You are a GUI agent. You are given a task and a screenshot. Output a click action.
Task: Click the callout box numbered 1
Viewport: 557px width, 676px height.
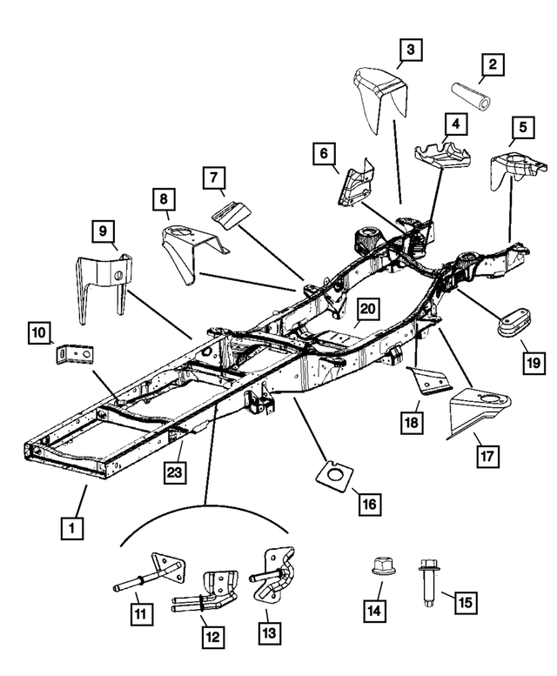point(72,526)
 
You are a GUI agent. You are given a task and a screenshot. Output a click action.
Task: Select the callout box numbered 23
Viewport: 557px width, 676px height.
point(174,472)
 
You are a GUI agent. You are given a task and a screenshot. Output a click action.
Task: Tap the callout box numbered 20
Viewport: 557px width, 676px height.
point(366,310)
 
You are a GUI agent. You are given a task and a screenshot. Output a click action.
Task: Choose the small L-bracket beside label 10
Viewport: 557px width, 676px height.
point(76,355)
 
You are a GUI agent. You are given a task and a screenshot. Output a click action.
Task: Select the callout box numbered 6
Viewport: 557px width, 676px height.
point(325,155)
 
